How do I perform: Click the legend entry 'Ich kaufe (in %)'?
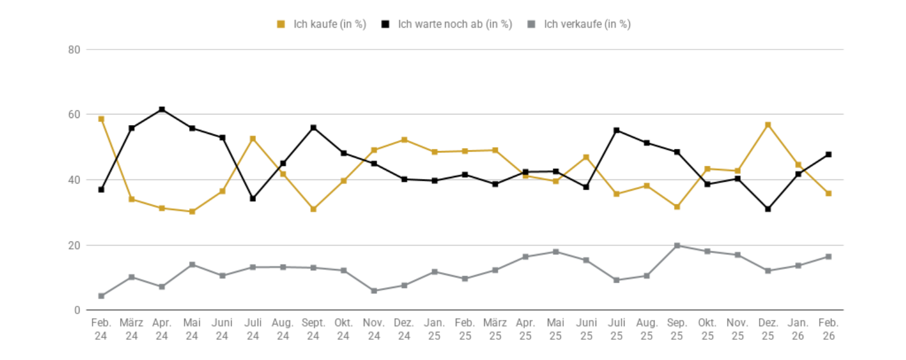coord(321,24)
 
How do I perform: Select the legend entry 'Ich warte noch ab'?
coord(447,24)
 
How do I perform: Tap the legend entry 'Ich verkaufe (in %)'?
coord(580,24)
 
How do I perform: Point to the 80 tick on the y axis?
coord(74,50)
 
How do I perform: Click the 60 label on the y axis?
coord(74,114)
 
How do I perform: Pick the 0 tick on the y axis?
coord(77,310)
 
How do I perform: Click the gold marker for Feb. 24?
coord(101,119)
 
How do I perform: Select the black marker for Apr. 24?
coord(162,110)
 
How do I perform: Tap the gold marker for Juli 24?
coord(253,139)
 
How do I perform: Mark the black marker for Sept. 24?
coord(313,127)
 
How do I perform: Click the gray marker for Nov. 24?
coord(374,291)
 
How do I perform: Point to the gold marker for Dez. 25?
coord(768,125)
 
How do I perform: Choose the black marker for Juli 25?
coord(616,130)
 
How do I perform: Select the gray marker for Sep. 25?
coord(677,246)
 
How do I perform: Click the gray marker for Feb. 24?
coord(101,296)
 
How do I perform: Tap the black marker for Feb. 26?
coord(828,155)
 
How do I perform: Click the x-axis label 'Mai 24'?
coord(192,329)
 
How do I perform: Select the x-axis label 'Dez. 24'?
coord(404,329)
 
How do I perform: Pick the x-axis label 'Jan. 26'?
coord(798,329)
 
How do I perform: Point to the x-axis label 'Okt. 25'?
coord(707,329)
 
